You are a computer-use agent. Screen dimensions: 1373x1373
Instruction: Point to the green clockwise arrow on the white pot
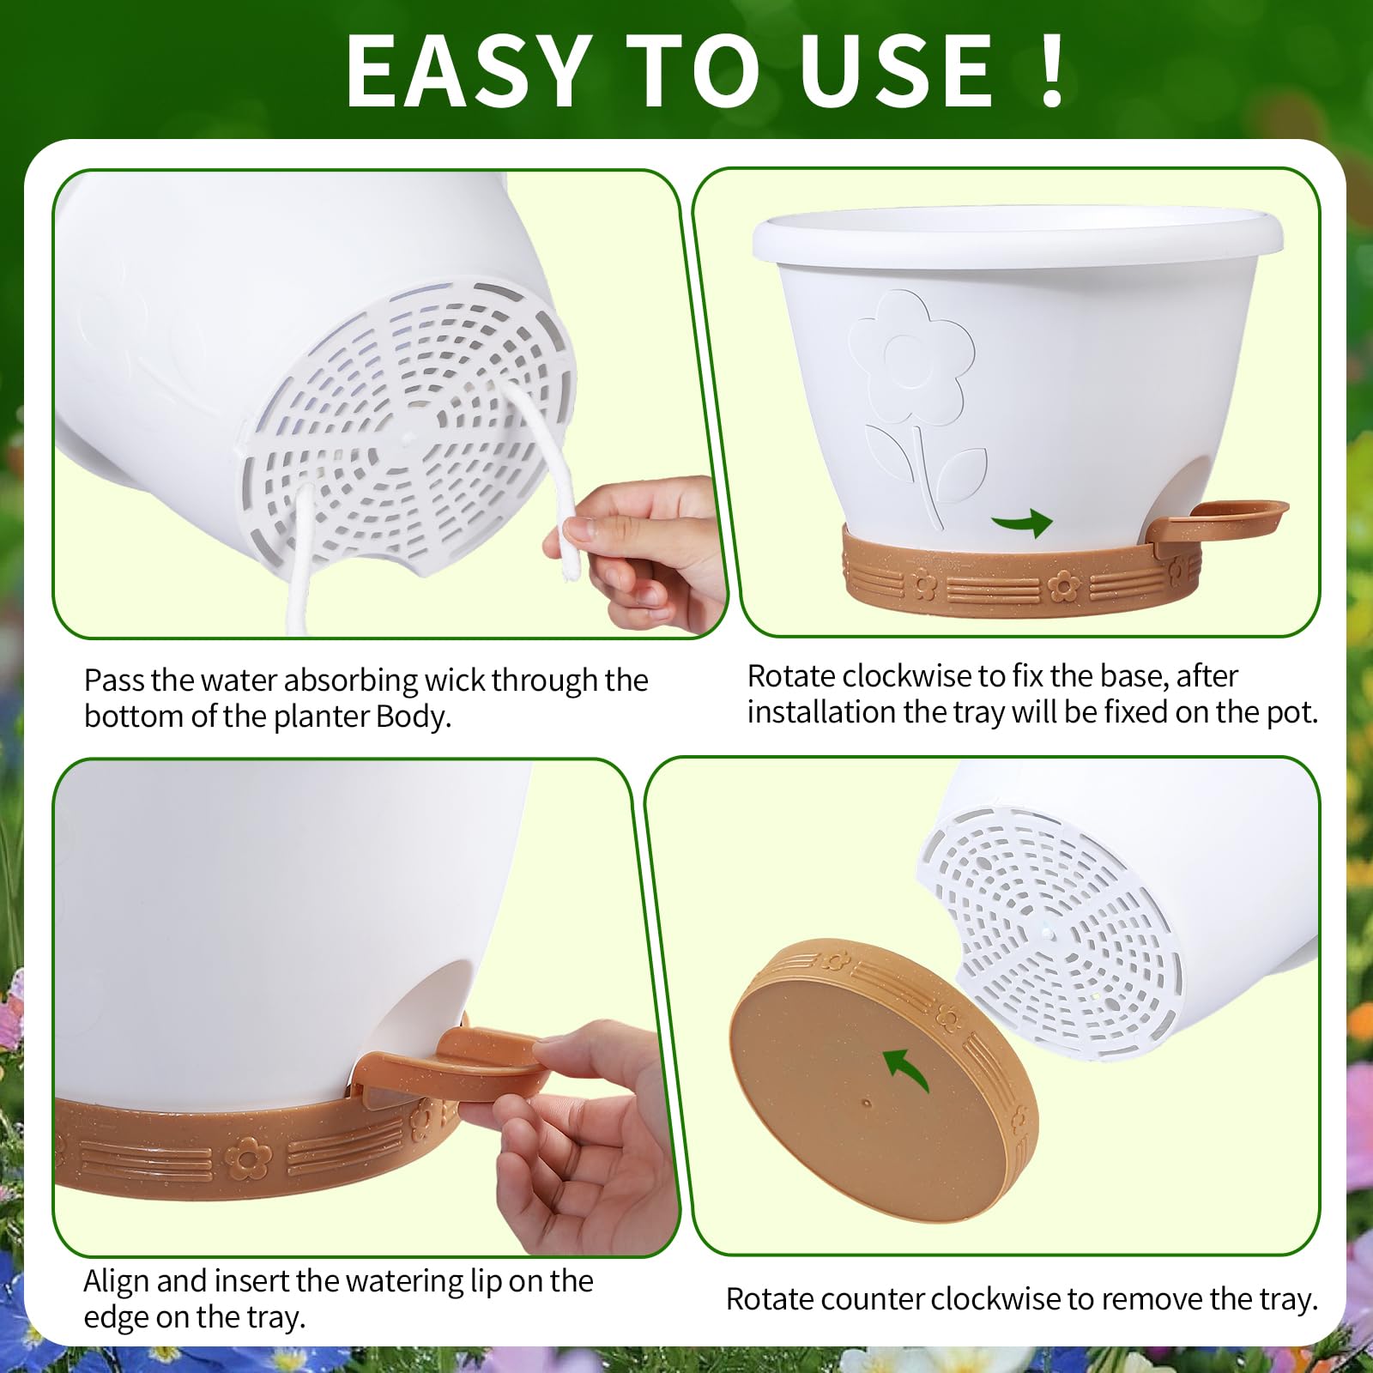point(1022,522)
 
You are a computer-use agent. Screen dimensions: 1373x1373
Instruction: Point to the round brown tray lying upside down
point(884,1081)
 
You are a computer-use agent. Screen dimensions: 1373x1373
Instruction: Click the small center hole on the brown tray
point(867,1104)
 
